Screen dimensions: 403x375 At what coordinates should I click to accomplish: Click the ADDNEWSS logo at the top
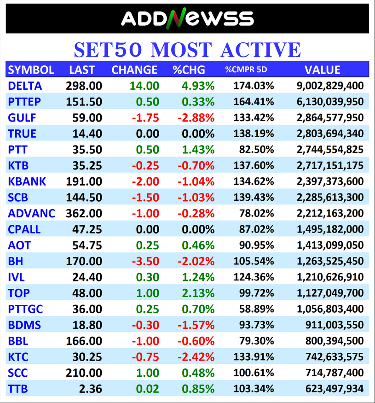coord(187,18)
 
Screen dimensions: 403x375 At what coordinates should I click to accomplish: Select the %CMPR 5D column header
coord(246,70)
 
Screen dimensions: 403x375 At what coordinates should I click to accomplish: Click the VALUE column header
coord(322,70)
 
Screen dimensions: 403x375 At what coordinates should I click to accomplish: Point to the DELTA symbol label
coord(25,86)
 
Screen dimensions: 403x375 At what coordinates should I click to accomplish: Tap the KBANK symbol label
coord(27,181)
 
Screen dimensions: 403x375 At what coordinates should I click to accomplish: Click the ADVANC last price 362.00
coord(85,213)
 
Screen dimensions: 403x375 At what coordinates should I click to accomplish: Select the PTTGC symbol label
coord(25,309)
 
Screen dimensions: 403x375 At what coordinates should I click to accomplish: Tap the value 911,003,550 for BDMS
coord(334,325)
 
